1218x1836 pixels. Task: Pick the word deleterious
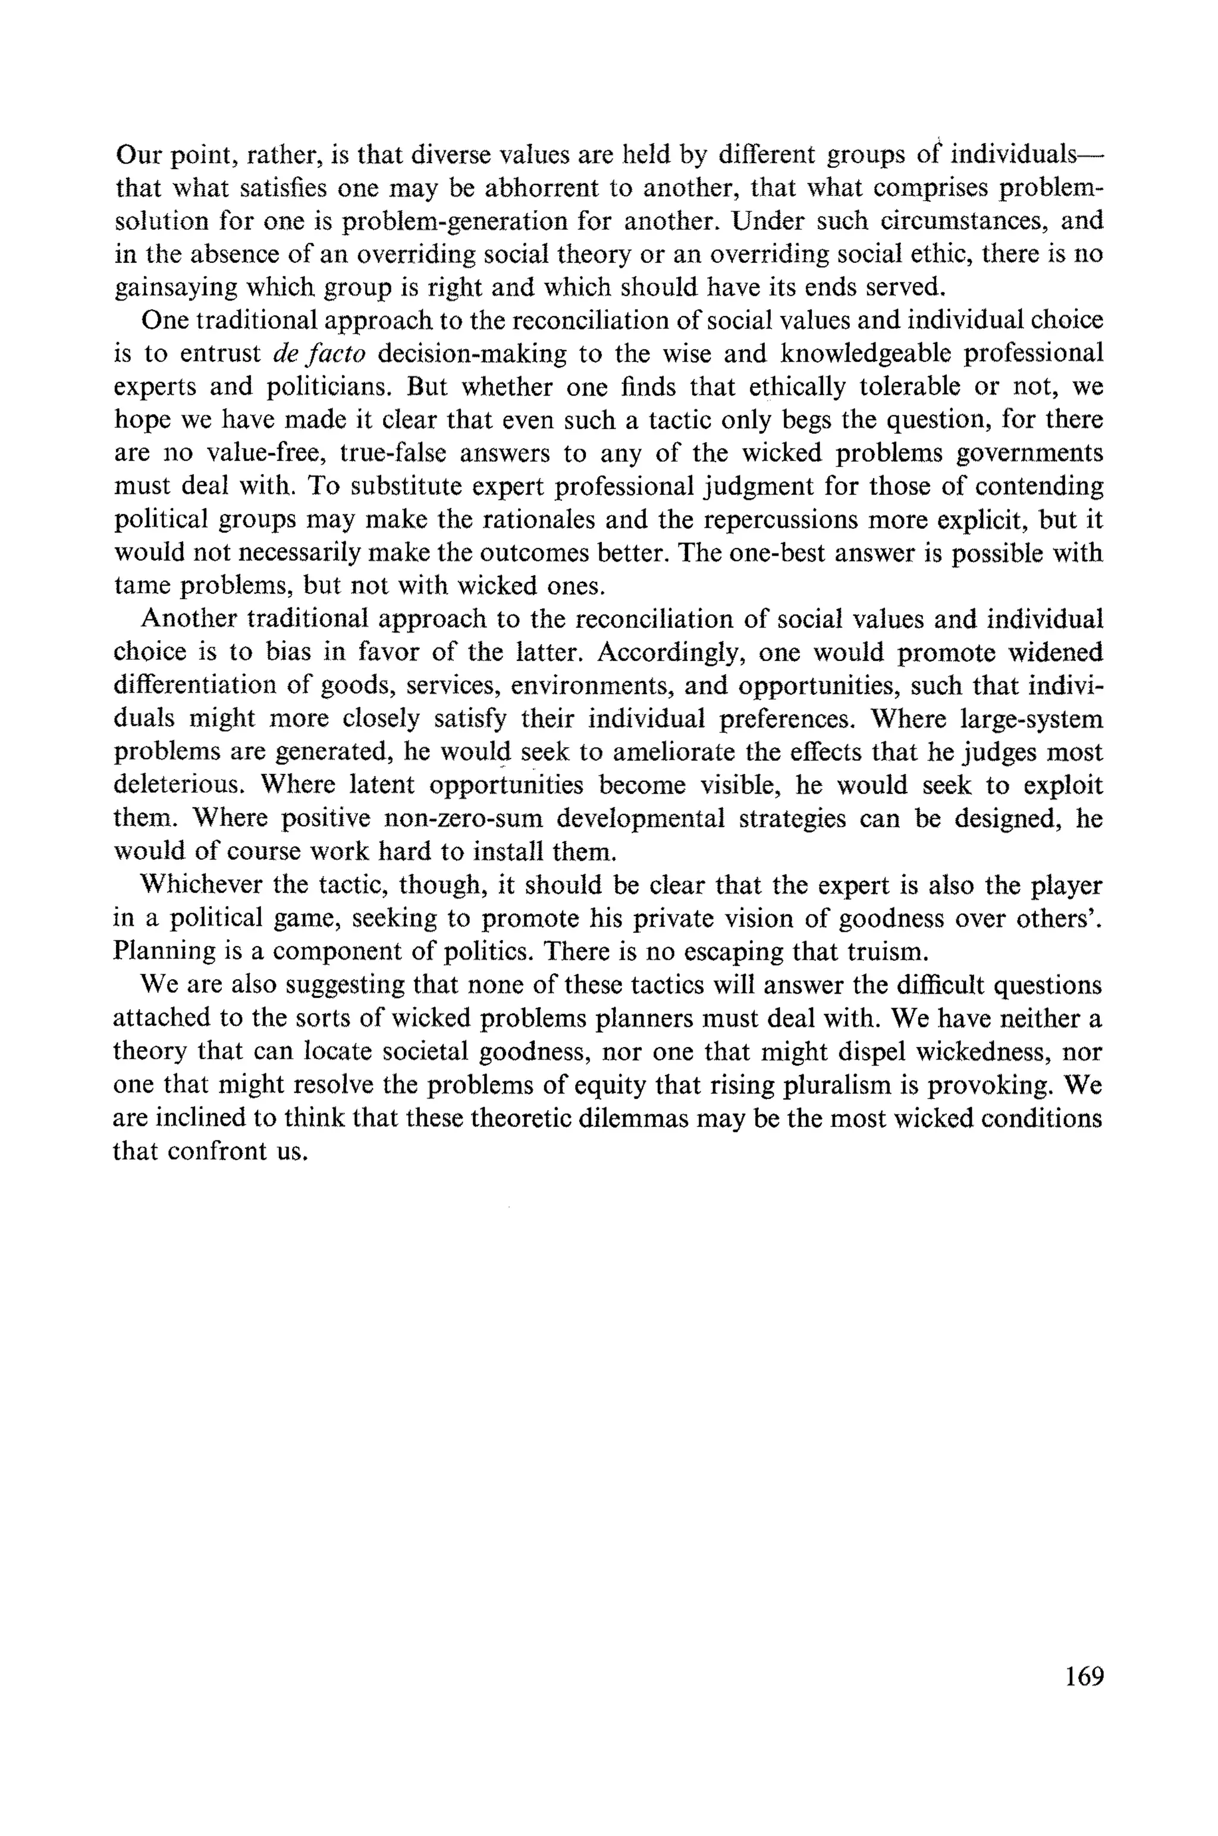(180, 785)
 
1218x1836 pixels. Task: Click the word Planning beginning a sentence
(165, 952)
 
